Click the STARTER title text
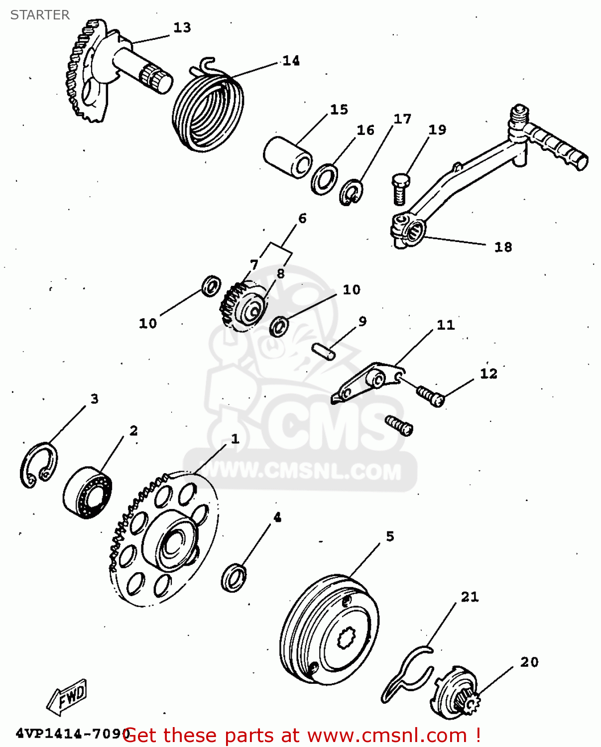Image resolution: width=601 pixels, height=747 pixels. tap(40, 15)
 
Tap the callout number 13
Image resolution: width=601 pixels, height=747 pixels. tap(182, 27)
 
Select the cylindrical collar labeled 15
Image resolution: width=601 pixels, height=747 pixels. tap(287, 157)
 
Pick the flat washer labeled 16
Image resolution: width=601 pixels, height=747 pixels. tap(324, 179)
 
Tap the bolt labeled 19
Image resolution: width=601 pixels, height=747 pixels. tap(400, 189)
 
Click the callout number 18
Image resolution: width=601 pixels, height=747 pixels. tap(503, 247)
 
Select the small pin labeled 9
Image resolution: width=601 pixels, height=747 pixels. tap(324, 350)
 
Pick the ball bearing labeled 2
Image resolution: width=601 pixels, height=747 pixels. tap(88, 493)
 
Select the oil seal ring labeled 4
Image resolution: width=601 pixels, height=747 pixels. tap(233, 577)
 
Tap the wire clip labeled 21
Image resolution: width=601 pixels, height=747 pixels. tap(406, 675)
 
